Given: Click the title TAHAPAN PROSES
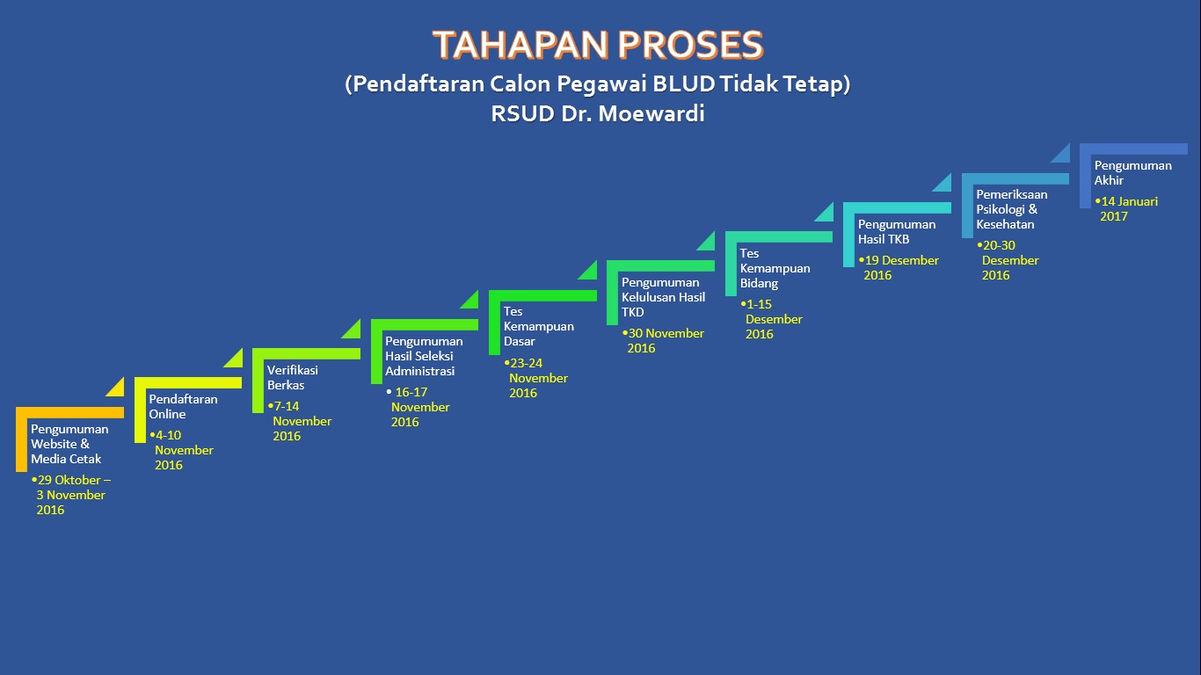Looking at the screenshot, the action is pos(598,44).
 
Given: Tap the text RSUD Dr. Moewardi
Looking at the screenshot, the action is pos(598,113).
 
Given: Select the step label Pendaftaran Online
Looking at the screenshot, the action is pos(184,406).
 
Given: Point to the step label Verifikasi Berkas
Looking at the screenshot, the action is pos(293,377).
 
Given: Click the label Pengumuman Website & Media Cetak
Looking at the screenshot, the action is pos(69,444).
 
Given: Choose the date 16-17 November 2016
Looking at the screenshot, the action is pos(419,407).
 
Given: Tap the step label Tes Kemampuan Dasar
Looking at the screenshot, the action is pos(538,326).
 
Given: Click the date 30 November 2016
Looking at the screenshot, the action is pos(664,340).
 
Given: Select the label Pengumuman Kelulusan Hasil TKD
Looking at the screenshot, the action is pos(663,297).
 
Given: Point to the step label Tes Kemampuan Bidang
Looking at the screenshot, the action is pos(775,268).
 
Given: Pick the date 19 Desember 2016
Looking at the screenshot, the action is pos(899,267).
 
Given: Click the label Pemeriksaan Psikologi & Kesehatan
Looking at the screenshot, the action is pos(1012,209).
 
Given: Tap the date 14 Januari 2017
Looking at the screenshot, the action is pos(1127,208).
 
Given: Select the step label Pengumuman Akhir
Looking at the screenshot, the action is pos(1133,172).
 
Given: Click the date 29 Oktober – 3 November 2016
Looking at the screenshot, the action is pos(71,495).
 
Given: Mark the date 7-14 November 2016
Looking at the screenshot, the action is pos(300,421).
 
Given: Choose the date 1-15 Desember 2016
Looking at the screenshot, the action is pos(772,319).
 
